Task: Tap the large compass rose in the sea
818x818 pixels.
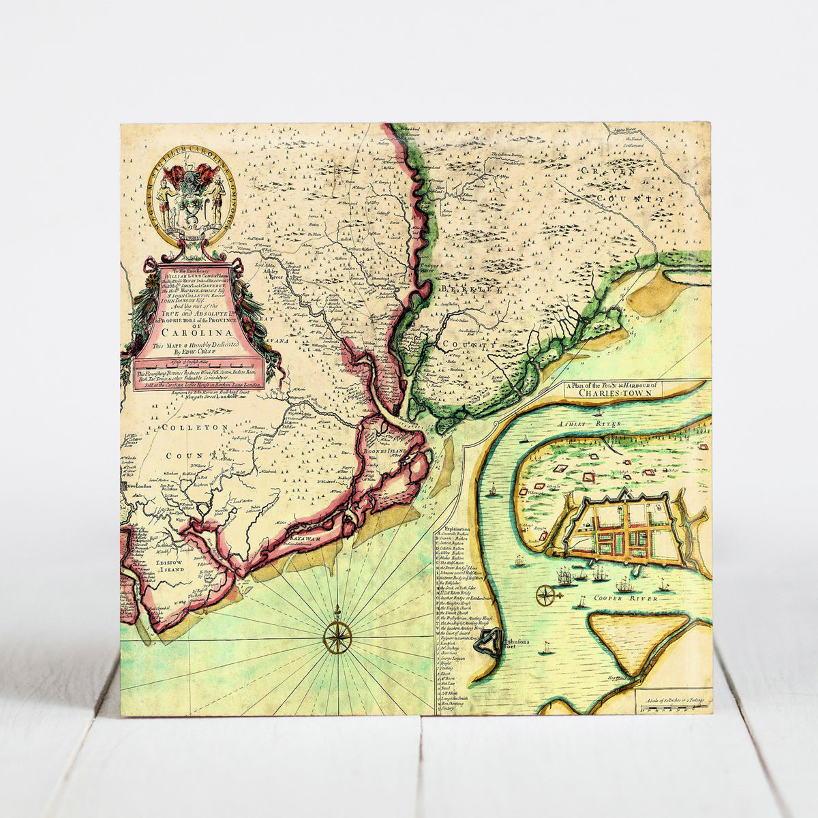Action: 337,637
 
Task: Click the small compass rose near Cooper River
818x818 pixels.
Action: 546,595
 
